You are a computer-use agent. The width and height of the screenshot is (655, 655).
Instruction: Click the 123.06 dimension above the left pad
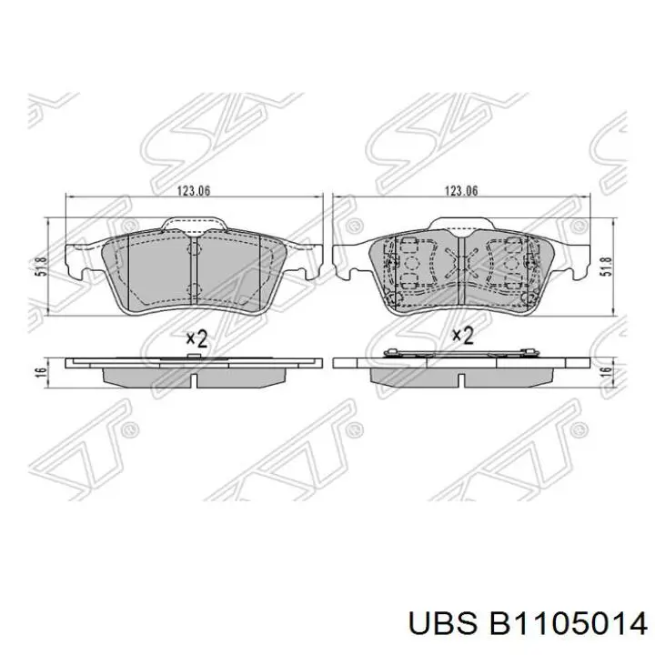[195, 191]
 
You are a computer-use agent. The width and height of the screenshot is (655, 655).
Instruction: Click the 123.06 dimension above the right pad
[460, 191]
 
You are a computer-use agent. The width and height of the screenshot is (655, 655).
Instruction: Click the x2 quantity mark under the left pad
[196, 338]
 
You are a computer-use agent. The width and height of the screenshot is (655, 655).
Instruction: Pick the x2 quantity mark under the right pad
[463, 337]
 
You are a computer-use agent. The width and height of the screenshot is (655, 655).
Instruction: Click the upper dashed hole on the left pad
[193, 249]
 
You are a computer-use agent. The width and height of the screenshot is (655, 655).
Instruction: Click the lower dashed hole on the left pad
[193, 290]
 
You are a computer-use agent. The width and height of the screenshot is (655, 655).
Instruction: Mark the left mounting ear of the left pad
[81, 266]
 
